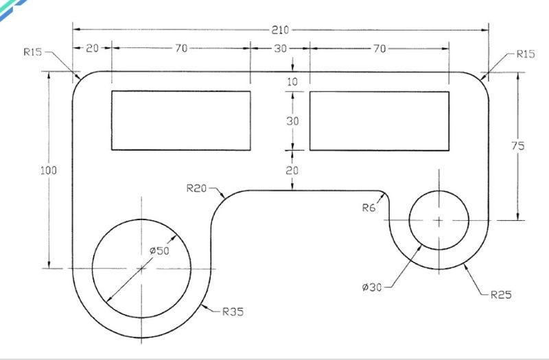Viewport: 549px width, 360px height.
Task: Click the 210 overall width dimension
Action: (x=280, y=30)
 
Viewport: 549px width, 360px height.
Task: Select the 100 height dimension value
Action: (x=48, y=170)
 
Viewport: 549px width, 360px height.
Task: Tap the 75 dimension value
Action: (x=518, y=145)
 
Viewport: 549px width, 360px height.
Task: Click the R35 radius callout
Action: (x=233, y=311)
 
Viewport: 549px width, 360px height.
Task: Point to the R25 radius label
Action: (x=501, y=295)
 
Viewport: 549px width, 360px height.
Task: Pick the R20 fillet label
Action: (x=196, y=188)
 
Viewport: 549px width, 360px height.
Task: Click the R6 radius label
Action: (x=369, y=208)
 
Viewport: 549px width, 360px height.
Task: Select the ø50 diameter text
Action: (x=159, y=250)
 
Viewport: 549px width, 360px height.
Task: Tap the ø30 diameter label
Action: (x=372, y=287)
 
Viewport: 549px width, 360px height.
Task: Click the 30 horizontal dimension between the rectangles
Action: (x=280, y=49)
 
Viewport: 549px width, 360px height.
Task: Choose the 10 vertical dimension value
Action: (x=292, y=82)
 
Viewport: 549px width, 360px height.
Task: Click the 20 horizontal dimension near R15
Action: (x=92, y=48)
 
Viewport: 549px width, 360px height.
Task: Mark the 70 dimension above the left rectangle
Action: (x=181, y=48)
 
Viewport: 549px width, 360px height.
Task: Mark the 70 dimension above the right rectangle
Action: (x=379, y=49)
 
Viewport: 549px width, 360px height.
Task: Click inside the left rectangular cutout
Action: (x=181, y=121)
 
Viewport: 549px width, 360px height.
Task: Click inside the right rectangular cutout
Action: (x=379, y=121)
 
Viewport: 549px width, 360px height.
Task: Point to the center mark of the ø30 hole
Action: (x=439, y=220)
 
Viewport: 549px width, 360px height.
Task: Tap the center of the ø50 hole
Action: (x=141, y=268)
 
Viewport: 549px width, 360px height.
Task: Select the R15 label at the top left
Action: (x=32, y=52)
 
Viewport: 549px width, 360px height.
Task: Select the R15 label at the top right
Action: (x=526, y=54)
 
